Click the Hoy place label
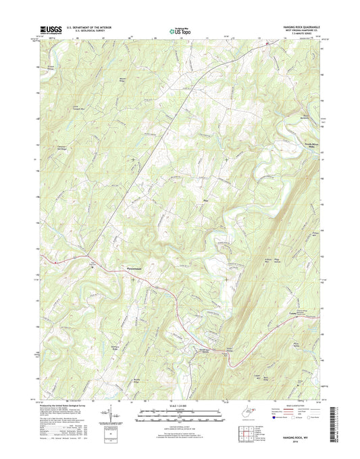(205, 200)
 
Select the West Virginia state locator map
(232, 411)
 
